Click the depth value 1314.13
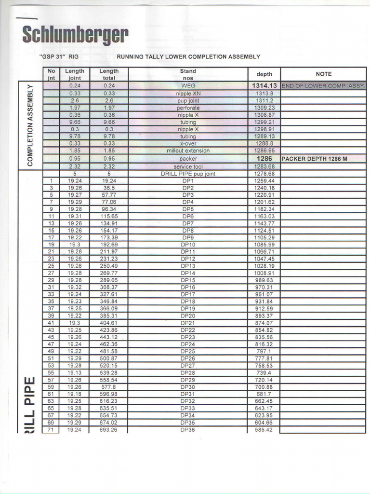point(264,85)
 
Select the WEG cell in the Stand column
point(188,85)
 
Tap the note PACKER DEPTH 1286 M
point(314,158)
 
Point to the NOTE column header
point(323,74)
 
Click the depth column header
point(264,74)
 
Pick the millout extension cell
point(188,151)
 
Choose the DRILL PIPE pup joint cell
point(188,174)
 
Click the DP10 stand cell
point(188,245)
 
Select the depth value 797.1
point(264,351)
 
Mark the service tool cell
point(188,166)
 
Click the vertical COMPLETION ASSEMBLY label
point(30,125)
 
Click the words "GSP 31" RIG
point(58,56)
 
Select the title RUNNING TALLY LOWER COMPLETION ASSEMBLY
point(188,56)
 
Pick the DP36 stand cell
point(188,429)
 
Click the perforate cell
point(188,108)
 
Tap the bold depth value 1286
point(264,158)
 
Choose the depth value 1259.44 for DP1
point(264,180)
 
